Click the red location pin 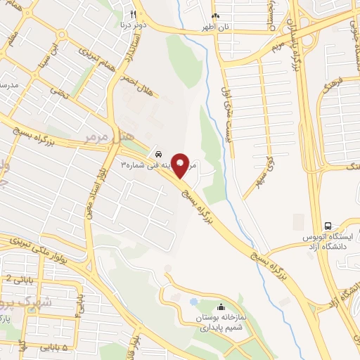181,165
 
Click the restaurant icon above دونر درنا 133,13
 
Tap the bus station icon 328,225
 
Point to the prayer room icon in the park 221,307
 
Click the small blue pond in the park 193,302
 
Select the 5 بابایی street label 56,348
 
